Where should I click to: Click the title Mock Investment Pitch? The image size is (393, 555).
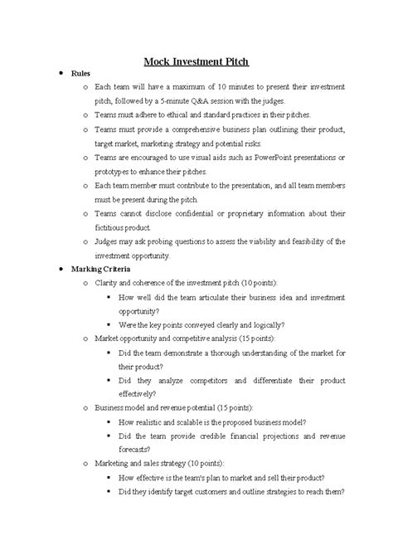[196, 61]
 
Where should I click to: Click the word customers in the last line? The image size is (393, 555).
[211, 491]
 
